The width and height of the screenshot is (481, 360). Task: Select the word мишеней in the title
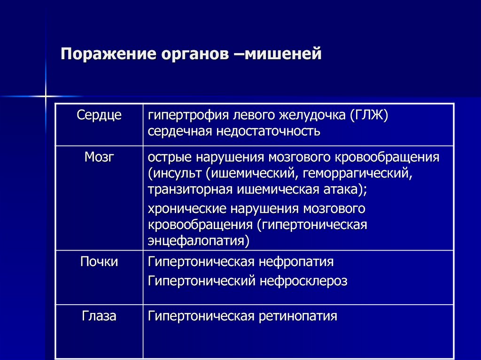283,54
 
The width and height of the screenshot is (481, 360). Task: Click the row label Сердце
99,115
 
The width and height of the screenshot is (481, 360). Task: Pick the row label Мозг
99,157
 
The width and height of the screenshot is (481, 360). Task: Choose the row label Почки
99,261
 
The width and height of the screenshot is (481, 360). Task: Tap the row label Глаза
99,316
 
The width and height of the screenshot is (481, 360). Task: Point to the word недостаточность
268,131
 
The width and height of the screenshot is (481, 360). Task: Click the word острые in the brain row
170,158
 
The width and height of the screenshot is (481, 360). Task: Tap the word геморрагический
357,174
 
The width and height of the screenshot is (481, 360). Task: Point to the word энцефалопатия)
199,241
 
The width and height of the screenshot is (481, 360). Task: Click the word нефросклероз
303,281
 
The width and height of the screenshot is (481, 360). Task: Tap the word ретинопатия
298,316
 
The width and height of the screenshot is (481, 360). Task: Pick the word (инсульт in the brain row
175,174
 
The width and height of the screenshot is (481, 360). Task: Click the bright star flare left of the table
46,96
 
